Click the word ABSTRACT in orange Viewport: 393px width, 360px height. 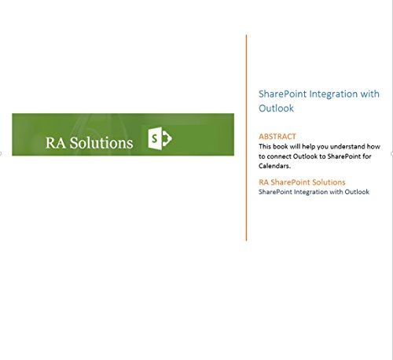click(277, 137)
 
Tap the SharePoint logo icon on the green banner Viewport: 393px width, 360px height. click(160, 138)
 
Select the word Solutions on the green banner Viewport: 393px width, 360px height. click(101, 143)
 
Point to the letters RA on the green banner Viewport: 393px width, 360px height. click(56, 143)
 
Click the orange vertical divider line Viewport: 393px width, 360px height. click(246, 138)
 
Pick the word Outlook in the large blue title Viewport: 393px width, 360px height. click(276, 108)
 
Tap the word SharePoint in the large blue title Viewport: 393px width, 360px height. click(282, 94)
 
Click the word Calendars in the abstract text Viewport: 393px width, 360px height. click(274, 166)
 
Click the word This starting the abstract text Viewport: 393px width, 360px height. click(265, 146)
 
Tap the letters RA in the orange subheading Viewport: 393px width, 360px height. click(263, 182)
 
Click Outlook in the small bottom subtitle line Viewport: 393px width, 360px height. click(357, 192)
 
